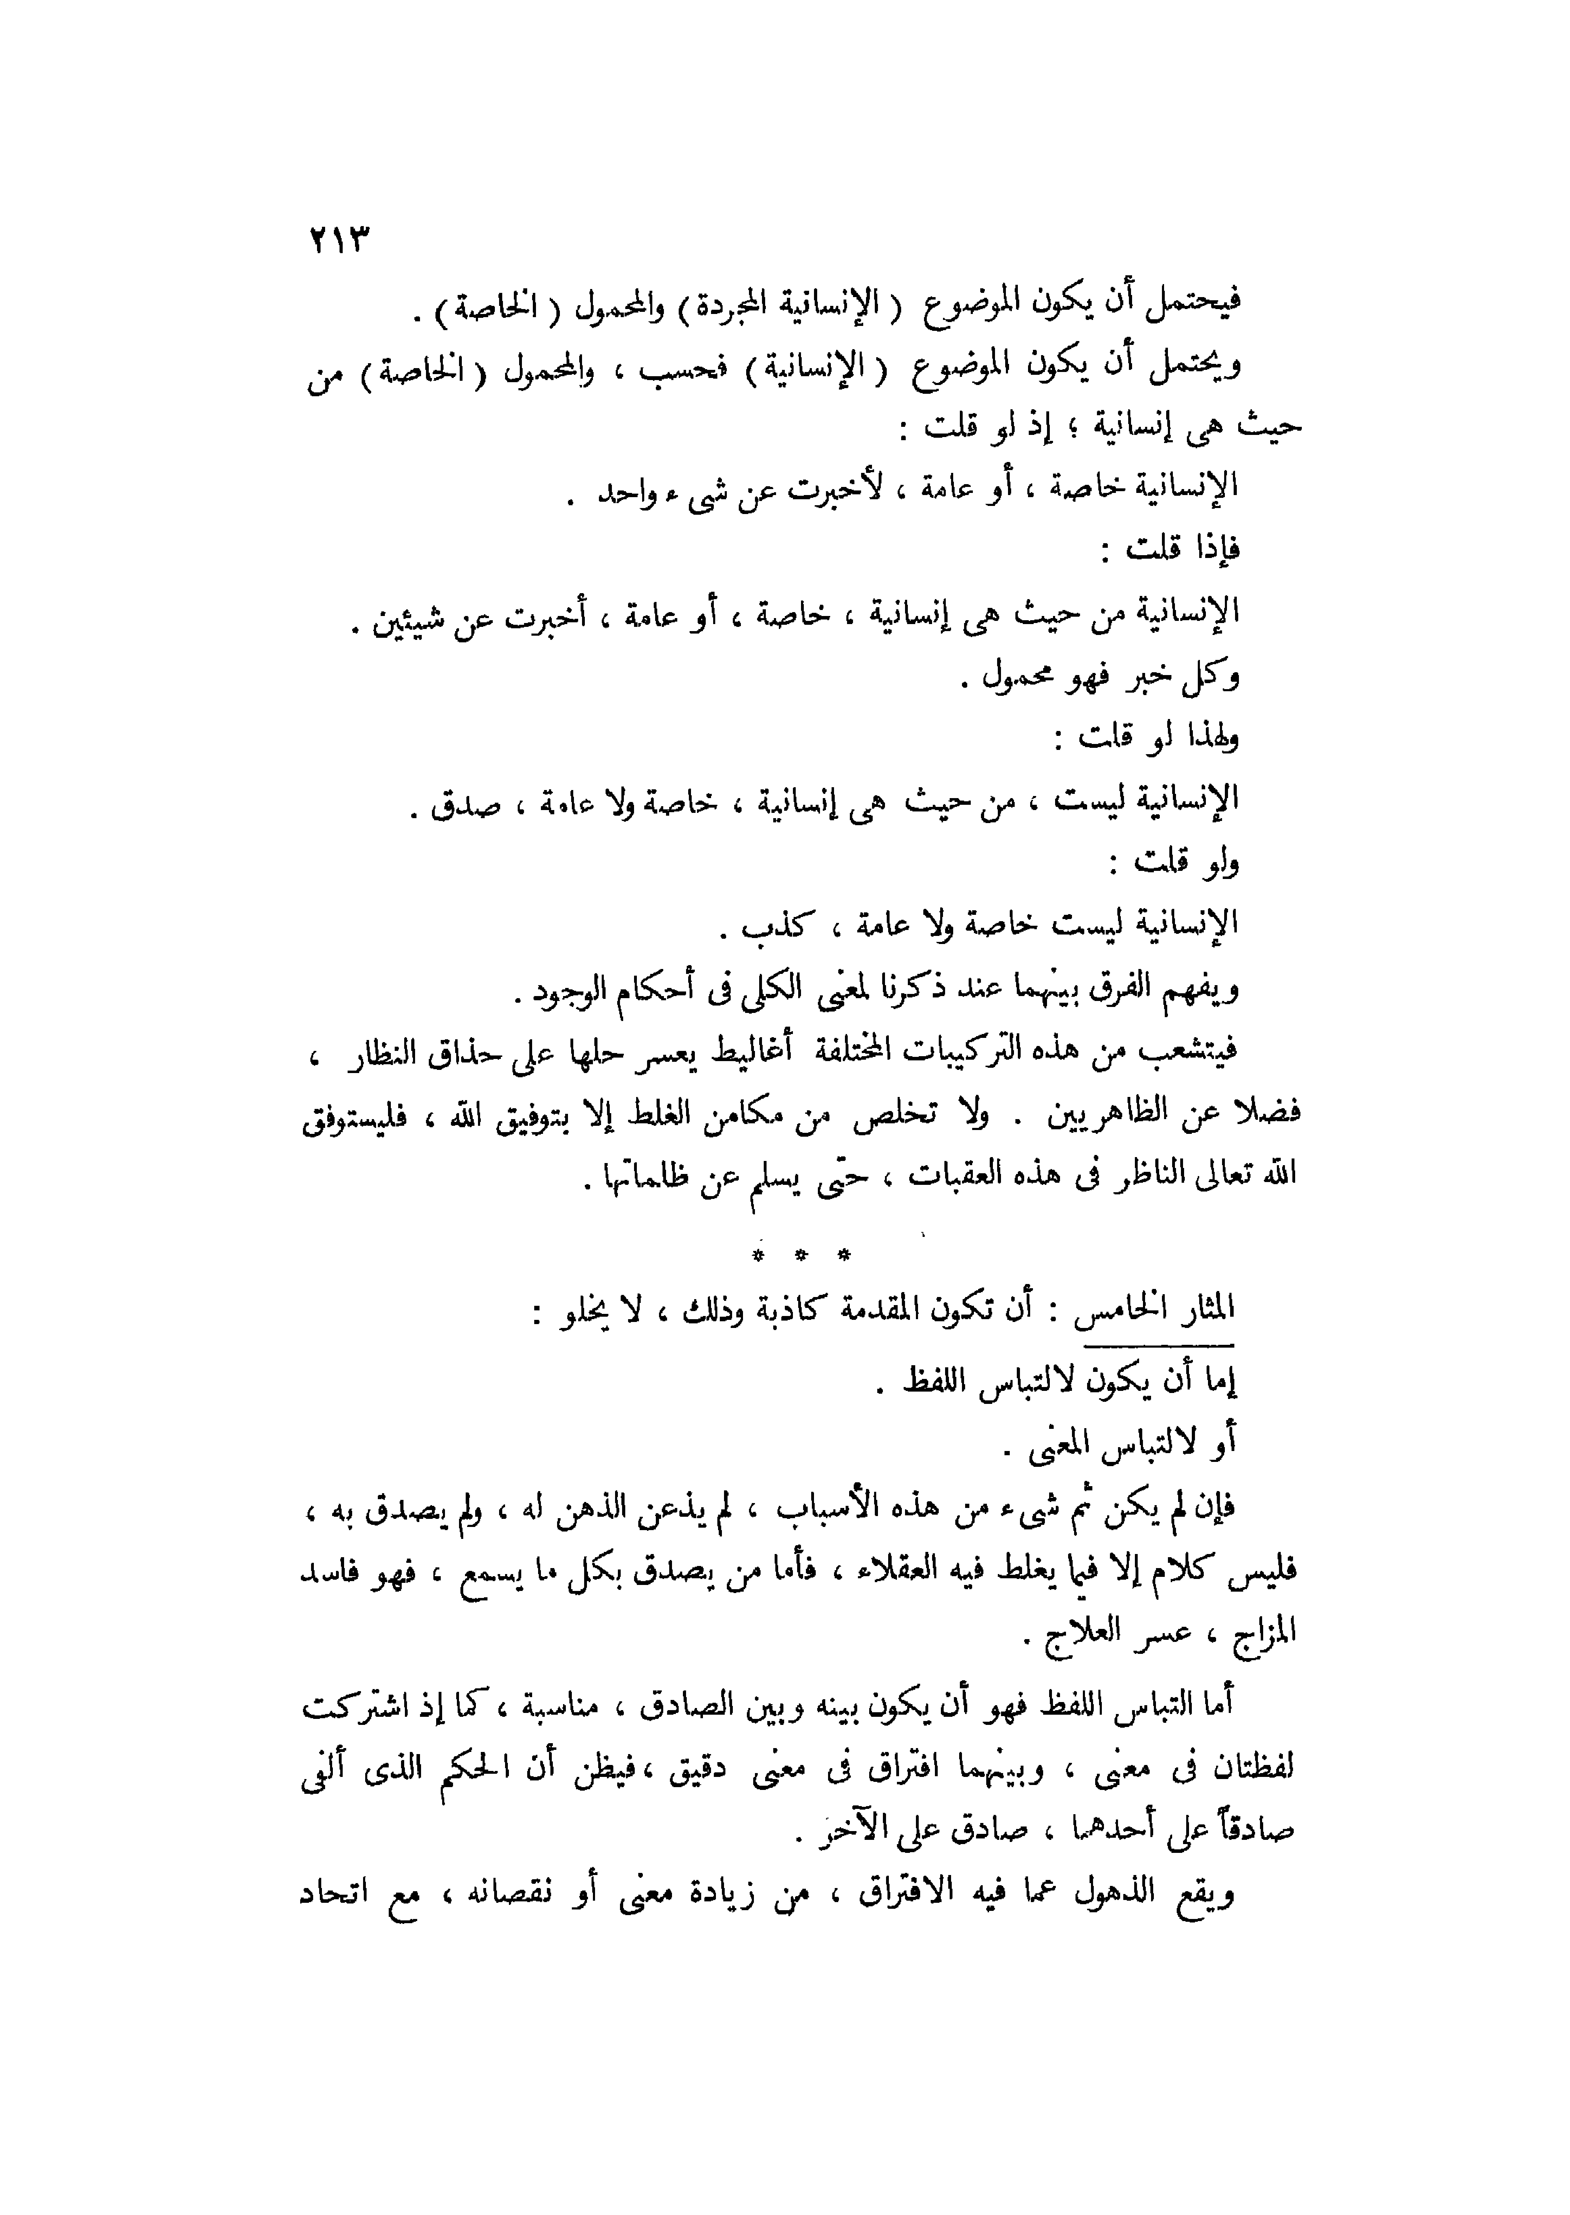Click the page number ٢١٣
(x=339, y=239)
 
